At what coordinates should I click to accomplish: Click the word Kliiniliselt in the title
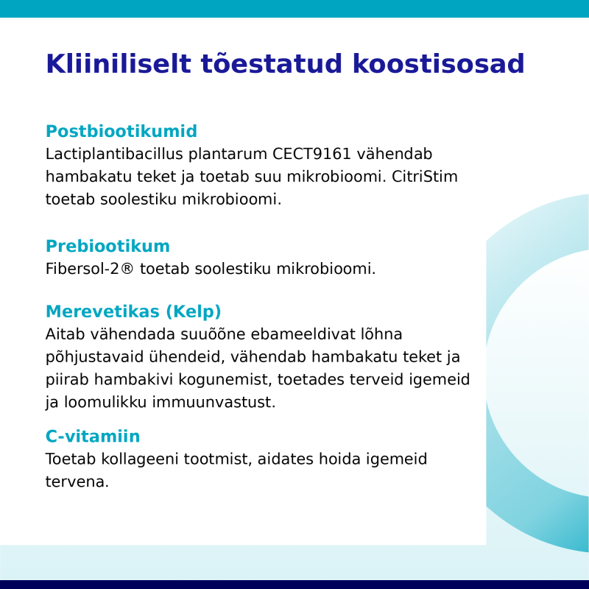119,63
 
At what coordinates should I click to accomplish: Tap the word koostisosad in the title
438,63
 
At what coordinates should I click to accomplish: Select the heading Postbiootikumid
121,131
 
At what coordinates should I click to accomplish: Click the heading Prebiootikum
107,246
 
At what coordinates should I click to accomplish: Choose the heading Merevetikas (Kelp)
133,311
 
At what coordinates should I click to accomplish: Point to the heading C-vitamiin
93,436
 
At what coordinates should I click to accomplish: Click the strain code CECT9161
311,154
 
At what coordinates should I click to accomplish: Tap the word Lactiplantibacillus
114,154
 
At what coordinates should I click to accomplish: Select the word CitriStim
425,177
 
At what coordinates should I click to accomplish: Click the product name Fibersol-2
82,269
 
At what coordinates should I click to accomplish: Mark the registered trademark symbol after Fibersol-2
127,269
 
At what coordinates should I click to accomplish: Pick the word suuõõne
213,334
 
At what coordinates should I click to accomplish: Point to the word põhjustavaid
95,357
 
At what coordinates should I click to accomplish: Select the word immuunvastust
214,402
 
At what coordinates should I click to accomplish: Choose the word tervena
77,482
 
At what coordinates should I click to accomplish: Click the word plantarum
228,154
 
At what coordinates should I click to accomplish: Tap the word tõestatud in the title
272,63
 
